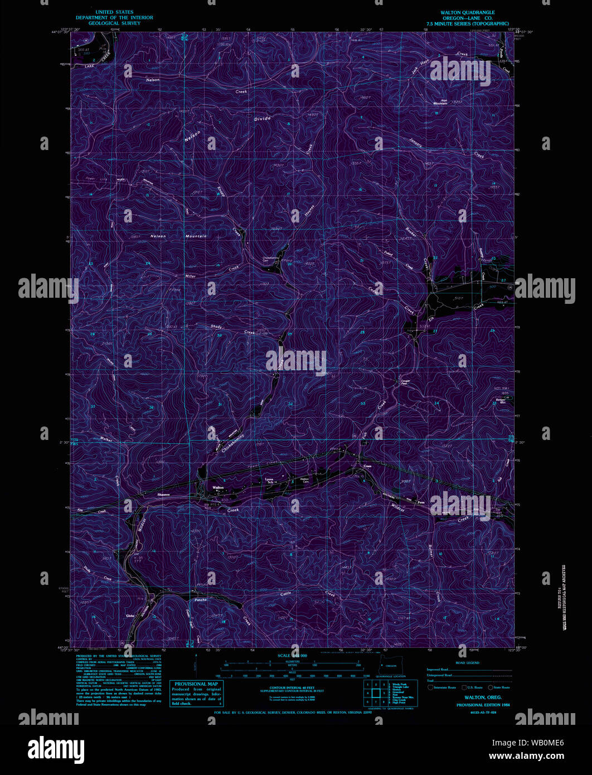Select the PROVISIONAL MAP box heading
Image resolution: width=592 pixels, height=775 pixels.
pos(197,684)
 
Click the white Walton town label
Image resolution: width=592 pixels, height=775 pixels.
pos(218,487)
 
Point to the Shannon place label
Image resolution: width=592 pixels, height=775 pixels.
pos(163,495)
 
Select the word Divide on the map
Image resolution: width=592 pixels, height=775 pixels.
pos(262,118)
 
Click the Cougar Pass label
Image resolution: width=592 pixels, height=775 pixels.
pos(405,382)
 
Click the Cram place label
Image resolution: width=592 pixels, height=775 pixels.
pos(367,466)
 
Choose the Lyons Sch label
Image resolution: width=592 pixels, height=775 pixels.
pos(269,480)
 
